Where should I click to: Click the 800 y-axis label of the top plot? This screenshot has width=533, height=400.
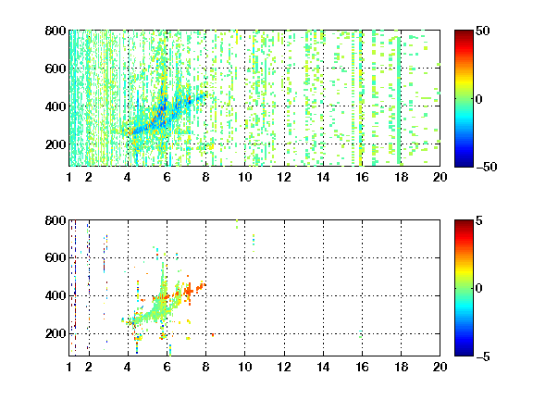[x=56, y=31]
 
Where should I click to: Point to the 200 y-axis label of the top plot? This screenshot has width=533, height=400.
[x=56, y=144]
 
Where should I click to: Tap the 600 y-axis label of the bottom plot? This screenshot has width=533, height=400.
[x=56, y=257]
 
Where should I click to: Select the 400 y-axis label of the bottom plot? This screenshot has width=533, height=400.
[x=56, y=295]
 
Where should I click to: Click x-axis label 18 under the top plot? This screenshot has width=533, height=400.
[x=401, y=177]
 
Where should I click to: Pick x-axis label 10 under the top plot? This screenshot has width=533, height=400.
[x=244, y=177]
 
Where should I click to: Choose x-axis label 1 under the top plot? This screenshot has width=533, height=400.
[x=69, y=177]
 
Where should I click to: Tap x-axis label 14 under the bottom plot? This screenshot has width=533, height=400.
[x=323, y=367]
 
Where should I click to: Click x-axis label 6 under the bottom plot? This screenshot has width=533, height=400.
[x=167, y=367]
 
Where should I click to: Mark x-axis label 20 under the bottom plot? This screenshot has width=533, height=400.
[x=440, y=367]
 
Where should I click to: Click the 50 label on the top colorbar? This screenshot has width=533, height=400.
[x=482, y=31]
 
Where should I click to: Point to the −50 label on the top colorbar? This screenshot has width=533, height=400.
[x=486, y=167]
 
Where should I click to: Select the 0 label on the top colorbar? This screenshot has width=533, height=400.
[x=478, y=99]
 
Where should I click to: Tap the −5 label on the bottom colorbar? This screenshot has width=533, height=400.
[x=483, y=356]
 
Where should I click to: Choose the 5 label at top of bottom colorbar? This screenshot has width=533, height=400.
[x=479, y=220]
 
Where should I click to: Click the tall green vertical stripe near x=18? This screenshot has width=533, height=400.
[x=399, y=101]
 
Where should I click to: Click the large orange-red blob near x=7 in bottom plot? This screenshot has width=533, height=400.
[x=189, y=291]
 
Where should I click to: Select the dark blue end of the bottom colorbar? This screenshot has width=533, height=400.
[x=464, y=353]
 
